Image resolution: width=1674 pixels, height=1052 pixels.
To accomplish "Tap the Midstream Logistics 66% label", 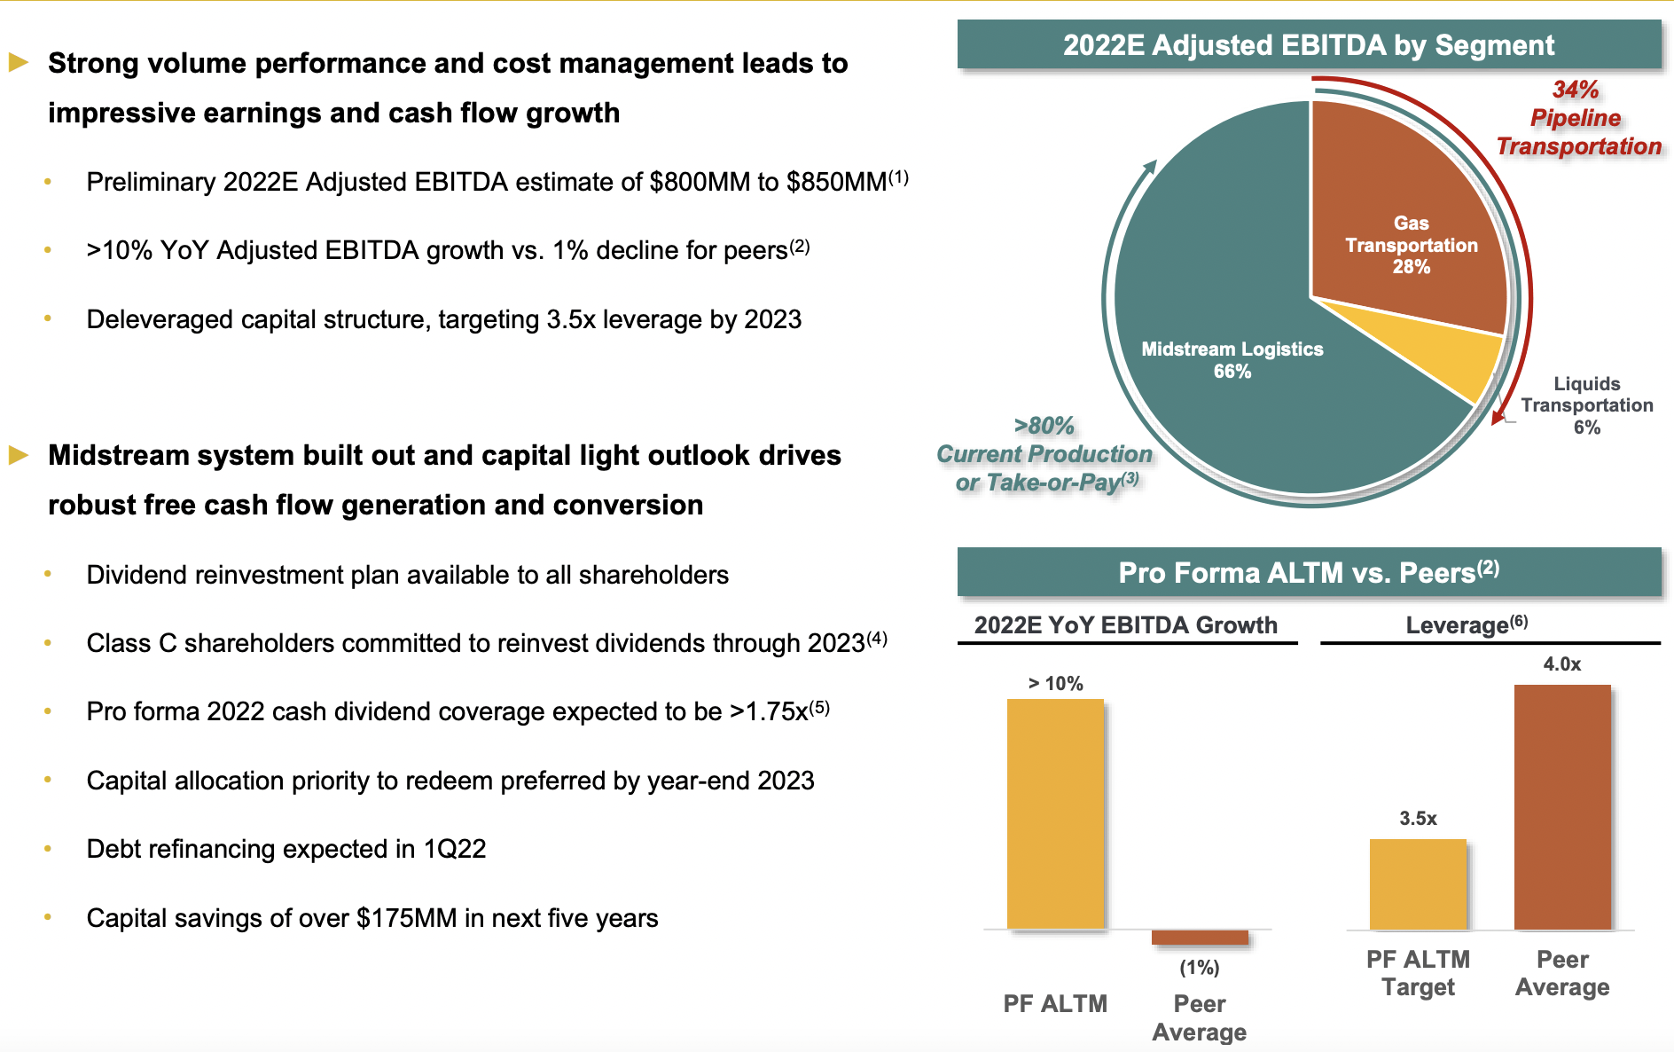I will (1232, 360).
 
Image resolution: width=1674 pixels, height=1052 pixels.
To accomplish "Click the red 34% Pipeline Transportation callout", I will (1577, 118).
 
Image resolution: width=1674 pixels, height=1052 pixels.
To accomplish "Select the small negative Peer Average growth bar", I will (1199, 938).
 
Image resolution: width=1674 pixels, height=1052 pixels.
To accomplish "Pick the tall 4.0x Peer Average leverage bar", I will (1561, 806).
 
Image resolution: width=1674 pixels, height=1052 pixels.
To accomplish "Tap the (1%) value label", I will (1199, 968).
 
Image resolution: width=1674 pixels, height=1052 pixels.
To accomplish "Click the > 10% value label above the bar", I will (1055, 684).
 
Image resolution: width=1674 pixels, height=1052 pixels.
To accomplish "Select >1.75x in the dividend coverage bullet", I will (769, 712).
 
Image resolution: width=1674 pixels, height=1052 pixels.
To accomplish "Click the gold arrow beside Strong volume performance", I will (19, 62).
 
